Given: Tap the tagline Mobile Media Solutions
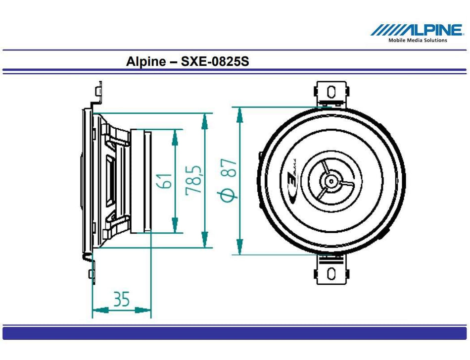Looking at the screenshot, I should (417, 41).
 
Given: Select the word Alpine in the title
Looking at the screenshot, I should (143, 62).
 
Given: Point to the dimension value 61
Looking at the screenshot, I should (167, 181).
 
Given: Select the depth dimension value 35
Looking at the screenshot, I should (122, 299).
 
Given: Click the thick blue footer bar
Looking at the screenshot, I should (235, 333).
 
